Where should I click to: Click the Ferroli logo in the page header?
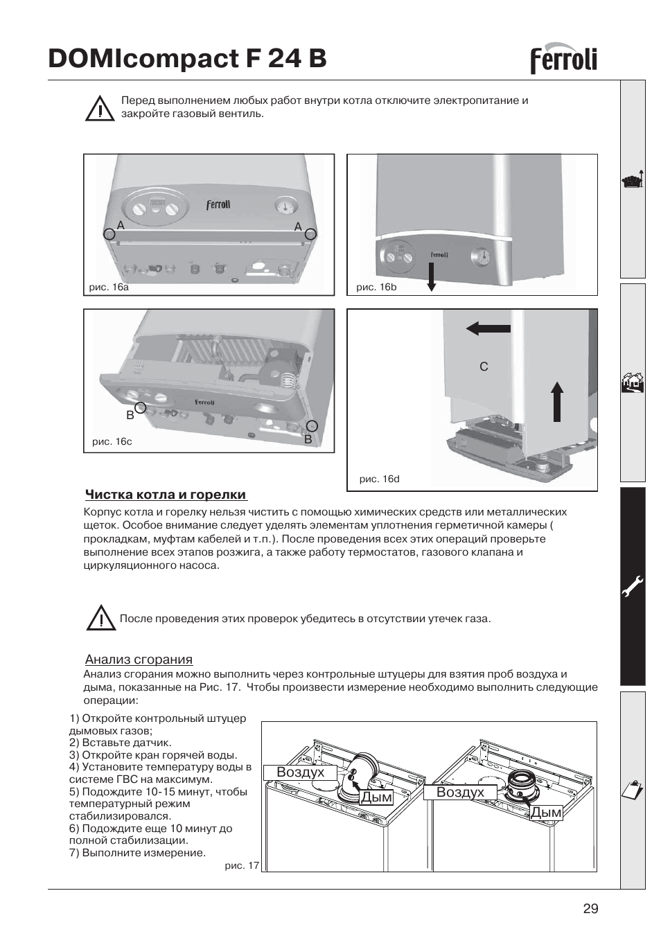563,60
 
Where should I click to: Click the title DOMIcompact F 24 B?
187,59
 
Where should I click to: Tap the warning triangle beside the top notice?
100,108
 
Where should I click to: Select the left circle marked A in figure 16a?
109,234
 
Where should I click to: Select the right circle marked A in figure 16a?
310,234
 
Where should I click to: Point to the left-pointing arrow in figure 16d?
488,328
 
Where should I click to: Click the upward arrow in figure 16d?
557,401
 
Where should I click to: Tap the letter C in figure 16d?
484,367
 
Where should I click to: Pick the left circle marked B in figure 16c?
140,407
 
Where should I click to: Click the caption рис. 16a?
109,287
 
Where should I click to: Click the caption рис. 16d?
379,479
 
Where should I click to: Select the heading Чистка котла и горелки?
166,495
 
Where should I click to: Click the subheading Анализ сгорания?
139,660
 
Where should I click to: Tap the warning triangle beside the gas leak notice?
101,618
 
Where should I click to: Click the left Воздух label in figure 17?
300,772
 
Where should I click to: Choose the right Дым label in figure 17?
546,813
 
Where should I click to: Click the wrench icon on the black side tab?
633,588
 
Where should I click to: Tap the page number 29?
590,909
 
